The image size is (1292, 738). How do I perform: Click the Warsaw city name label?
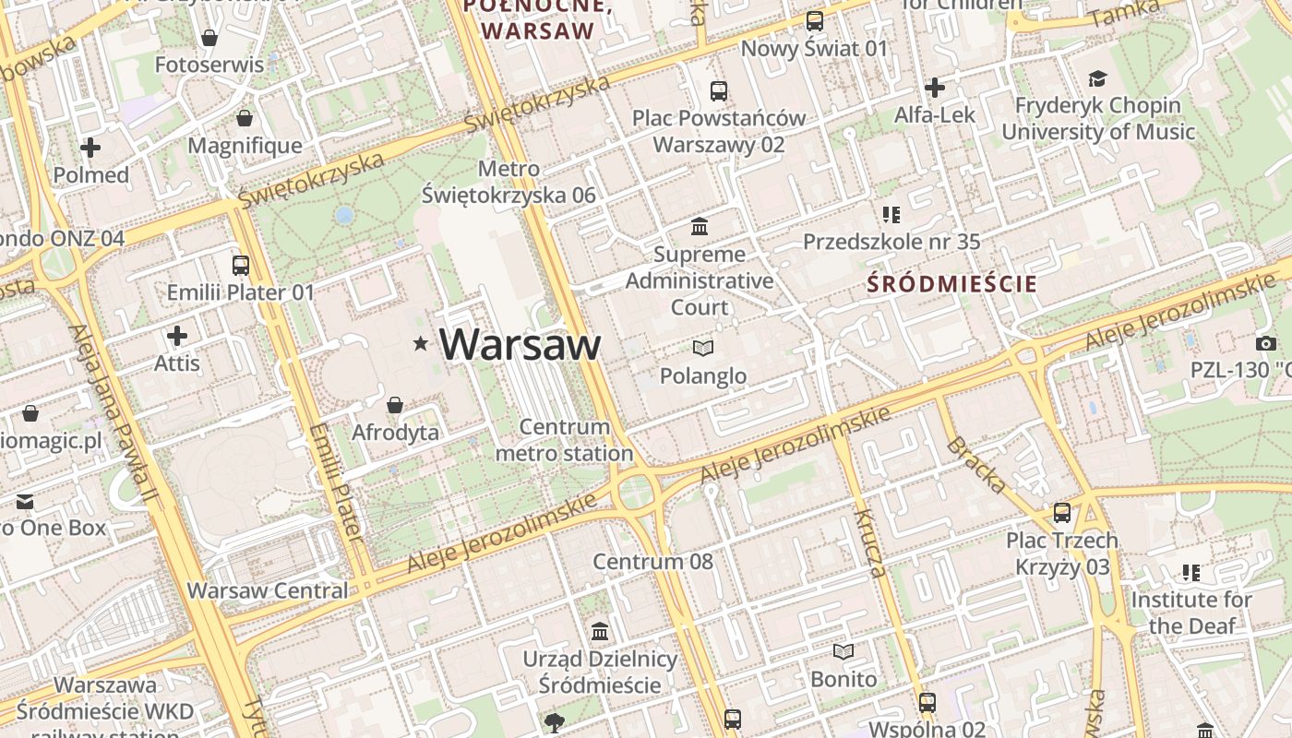520,344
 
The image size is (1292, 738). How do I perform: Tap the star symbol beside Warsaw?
421,344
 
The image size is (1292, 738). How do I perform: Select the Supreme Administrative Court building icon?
700,226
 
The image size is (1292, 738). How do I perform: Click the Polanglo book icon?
703,348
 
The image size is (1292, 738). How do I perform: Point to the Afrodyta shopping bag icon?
395,405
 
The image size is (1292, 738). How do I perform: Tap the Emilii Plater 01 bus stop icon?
241,265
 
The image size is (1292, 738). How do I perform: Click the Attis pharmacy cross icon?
177,336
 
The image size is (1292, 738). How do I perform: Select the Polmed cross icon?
90,148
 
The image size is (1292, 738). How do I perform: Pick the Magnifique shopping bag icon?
245,118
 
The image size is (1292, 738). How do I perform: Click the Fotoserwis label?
209,65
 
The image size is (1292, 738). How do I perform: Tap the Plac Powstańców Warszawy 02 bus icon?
719,90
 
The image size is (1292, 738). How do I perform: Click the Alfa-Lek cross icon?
935,88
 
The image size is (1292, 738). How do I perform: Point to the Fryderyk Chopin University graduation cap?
1097,78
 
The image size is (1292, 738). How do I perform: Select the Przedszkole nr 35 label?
891,242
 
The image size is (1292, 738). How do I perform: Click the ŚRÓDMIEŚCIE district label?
952,284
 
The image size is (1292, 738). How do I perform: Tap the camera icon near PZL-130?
1266,343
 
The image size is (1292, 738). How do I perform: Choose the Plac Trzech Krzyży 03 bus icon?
1062,513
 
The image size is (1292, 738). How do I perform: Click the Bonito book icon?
843,651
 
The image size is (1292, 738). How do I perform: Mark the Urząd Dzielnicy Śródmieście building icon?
601,632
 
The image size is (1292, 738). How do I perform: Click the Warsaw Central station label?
268,590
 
